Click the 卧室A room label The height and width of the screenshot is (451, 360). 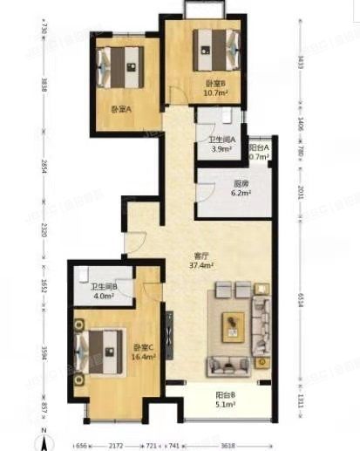[x=120, y=109]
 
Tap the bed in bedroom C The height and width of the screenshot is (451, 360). [x=102, y=352]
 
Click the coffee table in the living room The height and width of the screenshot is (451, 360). [x=233, y=325]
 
